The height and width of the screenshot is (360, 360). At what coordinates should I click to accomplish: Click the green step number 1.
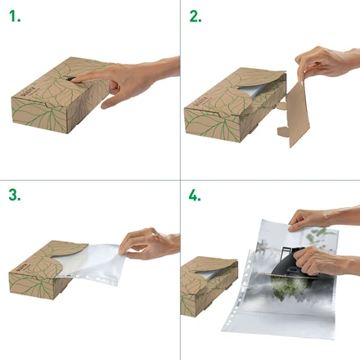click(x=15, y=16)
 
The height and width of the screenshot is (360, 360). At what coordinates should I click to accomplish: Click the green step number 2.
click(x=195, y=16)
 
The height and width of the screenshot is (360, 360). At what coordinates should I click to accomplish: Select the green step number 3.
click(x=15, y=196)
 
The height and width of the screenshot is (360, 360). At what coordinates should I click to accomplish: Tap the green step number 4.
click(x=195, y=196)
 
